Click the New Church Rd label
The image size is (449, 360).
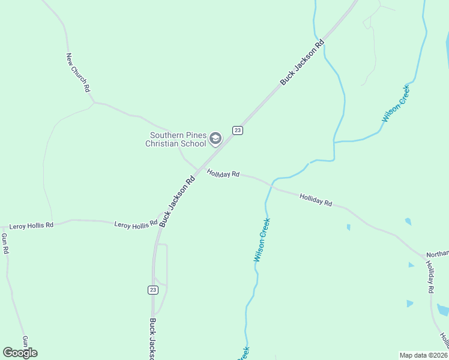[x=78, y=72]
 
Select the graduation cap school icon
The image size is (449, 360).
[x=215, y=139]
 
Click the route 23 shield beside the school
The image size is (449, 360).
[x=238, y=130]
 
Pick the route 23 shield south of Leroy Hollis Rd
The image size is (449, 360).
[x=153, y=290]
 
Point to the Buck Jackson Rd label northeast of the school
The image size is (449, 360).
[x=302, y=61]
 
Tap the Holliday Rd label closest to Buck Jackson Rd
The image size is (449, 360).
[x=223, y=173]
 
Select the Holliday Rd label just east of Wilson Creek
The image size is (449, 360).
[x=316, y=200]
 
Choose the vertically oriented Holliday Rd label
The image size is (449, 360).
[x=430, y=277]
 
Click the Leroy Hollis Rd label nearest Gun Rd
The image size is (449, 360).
[x=31, y=226]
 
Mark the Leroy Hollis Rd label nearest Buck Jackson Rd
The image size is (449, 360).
[x=136, y=224]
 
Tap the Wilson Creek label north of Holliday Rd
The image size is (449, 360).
[x=396, y=104]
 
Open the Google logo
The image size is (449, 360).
[x=20, y=353]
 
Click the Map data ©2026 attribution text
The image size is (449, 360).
[x=423, y=355]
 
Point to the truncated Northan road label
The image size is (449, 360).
[x=437, y=254]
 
